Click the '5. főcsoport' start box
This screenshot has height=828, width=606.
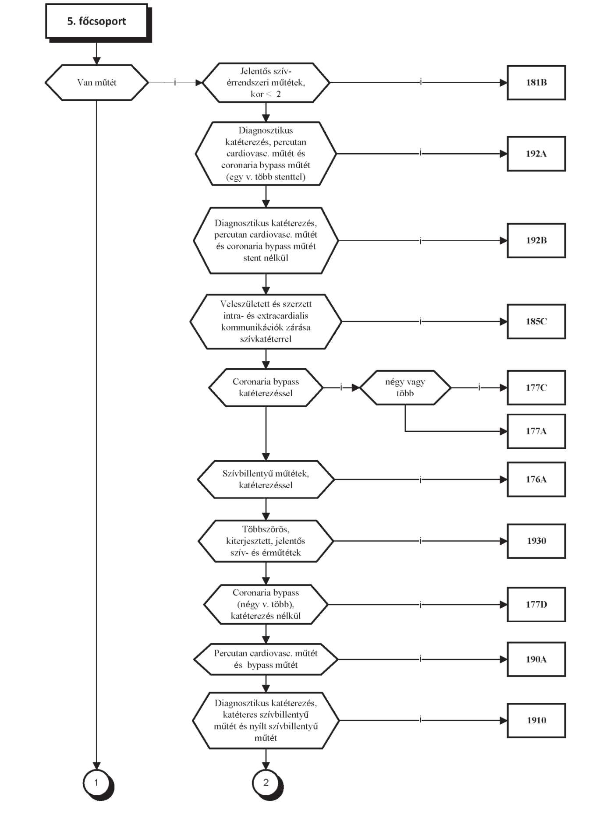pos(97,21)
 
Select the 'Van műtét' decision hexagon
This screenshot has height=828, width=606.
pos(97,82)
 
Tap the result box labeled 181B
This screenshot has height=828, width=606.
pos(536,82)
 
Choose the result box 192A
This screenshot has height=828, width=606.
pos(536,154)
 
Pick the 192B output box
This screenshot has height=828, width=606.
pos(536,240)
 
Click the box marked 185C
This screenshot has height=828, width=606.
pos(536,321)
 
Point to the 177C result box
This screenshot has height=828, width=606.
pos(536,388)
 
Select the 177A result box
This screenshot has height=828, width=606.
pos(536,431)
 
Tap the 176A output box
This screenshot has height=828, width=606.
pos(536,479)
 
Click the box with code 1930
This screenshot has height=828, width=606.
pos(536,541)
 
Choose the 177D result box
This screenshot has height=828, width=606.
pos(536,605)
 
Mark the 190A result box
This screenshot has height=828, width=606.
pos(536,659)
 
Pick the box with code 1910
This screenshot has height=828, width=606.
pos(536,720)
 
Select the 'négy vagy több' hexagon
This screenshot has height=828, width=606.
pos(405,388)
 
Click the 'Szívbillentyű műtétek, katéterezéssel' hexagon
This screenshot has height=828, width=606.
pos(266,479)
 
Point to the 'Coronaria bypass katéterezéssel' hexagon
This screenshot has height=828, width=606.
pos(266,388)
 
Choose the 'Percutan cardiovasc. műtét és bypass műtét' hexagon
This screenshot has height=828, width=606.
pos(266,659)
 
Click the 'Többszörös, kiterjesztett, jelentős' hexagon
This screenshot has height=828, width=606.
pos(266,541)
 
